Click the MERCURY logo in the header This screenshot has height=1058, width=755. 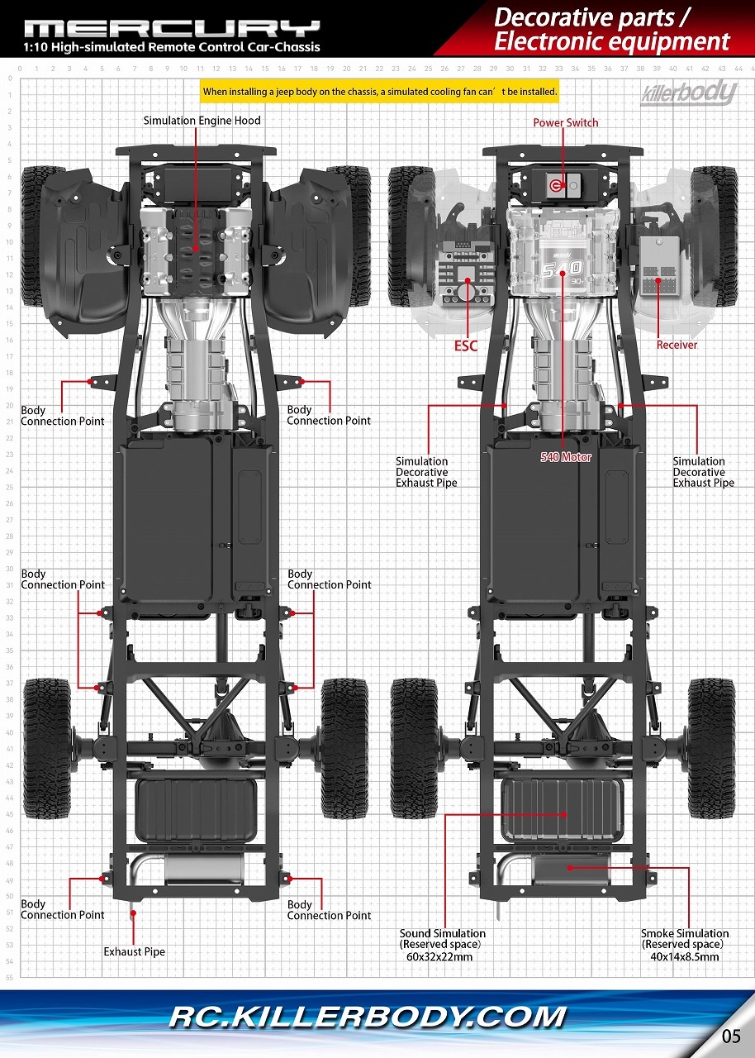pyautogui.click(x=172, y=29)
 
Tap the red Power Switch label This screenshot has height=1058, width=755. pyautogui.click(x=565, y=123)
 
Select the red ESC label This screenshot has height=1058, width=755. pyautogui.click(x=466, y=346)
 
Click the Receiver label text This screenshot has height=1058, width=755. pyautogui.click(x=677, y=345)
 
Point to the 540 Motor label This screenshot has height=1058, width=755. pyautogui.click(x=566, y=457)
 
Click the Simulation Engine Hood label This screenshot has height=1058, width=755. pyautogui.click(x=202, y=121)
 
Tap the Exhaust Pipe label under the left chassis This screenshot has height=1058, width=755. pyautogui.click(x=135, y=951)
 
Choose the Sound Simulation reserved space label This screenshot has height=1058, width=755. pyautogui.click(x=442, y=945)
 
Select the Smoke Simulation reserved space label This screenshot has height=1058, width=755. pyautogui.click(x=685, y=945)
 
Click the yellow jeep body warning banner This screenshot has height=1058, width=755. pyautogui.click(x=380, y=92)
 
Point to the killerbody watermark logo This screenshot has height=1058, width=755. pyautogui.click(x=688, y=93)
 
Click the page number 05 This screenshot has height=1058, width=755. pyautogui.click(x=731, y=1036)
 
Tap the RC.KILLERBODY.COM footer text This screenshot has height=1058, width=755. pyautogui.click(x=368, y=1017)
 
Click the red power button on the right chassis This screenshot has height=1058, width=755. pyautogui.click(x=554, y=185)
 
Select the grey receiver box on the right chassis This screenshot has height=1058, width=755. pyautogui.click(x=660, y=265)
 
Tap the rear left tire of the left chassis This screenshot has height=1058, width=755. pyautogui.click(x=47, y=749)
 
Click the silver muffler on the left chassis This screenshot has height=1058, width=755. pyautogui.click(x=204, y=870)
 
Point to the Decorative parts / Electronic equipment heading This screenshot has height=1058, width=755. pyautogui.click(x=612, y=29)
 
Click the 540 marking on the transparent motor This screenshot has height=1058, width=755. pyautogui.click(x=563, y=269)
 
